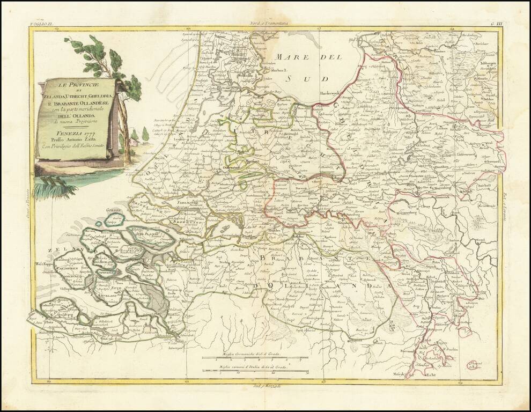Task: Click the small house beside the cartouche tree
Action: coord(133,142)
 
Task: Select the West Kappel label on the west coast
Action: coord(45,264)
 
